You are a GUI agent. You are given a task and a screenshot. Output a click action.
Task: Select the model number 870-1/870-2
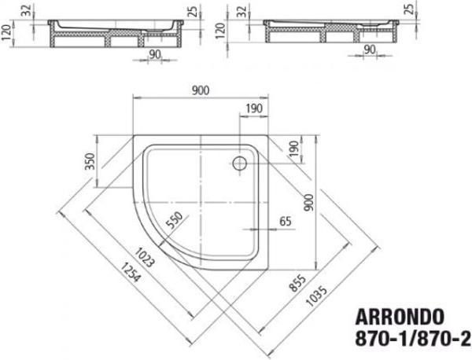pos(415,342)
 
